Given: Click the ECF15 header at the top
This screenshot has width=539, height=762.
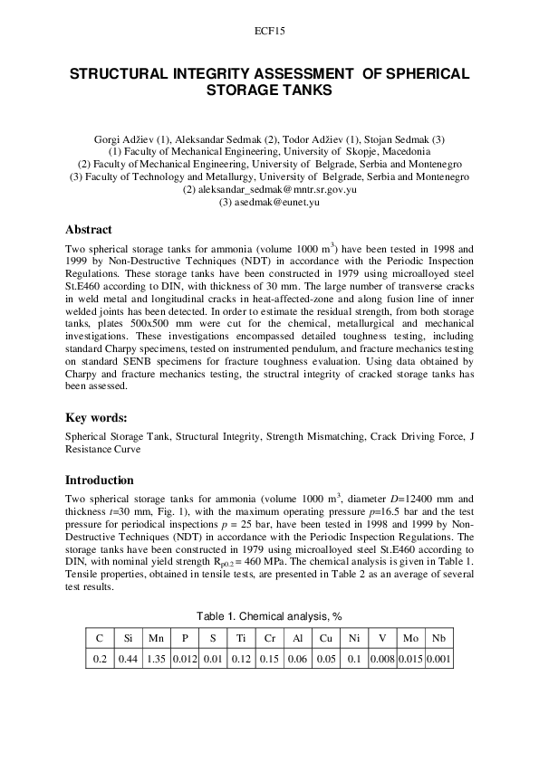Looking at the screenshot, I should tap(269, 31).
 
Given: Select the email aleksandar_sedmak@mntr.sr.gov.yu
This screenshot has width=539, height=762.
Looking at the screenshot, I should tap(269, 190).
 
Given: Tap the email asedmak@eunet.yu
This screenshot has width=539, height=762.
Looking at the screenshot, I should tap(269, 203).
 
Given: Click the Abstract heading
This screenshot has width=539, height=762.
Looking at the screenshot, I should tap(90, 230).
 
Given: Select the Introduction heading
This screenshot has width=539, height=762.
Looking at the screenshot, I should tap(100, 480).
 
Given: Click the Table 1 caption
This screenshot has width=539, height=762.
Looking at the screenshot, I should tap(269, 615).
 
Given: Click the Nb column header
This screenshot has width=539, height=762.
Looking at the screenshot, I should tap(439, 637).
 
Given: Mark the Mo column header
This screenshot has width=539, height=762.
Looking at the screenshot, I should tap(411, 637).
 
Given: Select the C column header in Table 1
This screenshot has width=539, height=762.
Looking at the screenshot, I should tap(100, 637).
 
